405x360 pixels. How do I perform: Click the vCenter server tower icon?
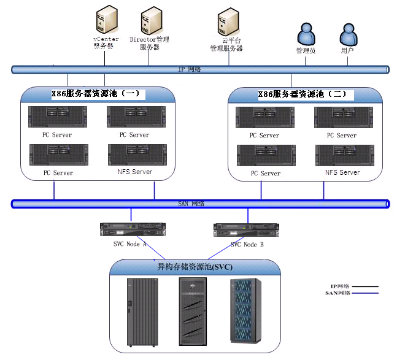tap(105, 20)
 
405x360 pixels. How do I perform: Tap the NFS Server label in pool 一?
tap(134, 172)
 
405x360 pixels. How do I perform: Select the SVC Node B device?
tap(247, 230)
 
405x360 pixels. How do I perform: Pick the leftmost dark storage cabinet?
tap(139, 312)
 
